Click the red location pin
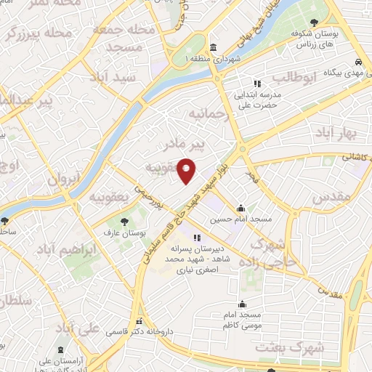pyautogui.click(x=187, y=170)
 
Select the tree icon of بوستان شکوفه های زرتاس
pyautogui.click(x=313, y=23)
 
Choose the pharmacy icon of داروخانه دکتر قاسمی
pyautogui.click(x=138, y=323)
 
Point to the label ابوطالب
pyautogui.click(x=295, y=77)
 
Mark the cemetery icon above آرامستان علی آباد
pyautogui.click(x=60, y=349)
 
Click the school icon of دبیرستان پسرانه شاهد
pyautogui.click(x=195, y=237)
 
